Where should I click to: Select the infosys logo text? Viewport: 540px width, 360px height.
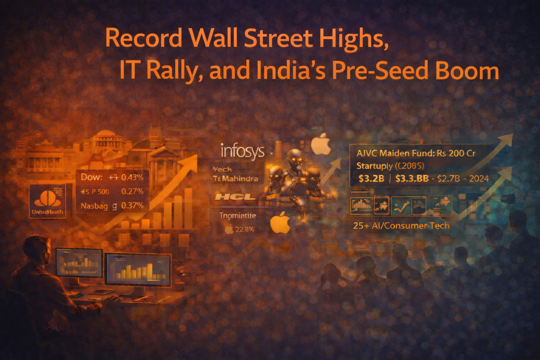point(242,151)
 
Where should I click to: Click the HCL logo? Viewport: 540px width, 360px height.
point(235,197)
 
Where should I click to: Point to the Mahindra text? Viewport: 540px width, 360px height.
point(240,179)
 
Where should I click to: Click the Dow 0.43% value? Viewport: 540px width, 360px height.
point(132,177)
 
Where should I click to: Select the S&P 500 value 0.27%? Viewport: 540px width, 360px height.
point(132,192)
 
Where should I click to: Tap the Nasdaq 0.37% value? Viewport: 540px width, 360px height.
point(132,206)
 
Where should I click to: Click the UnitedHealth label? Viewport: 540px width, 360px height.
point(47,212)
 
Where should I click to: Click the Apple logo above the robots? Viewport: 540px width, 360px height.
point(321,144)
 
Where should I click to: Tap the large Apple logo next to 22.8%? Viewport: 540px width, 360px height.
point(280,223)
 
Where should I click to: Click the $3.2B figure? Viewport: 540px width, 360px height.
point(371,179)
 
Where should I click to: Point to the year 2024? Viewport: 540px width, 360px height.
point(479,179)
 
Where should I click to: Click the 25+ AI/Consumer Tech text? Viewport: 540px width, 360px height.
point(401,226)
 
